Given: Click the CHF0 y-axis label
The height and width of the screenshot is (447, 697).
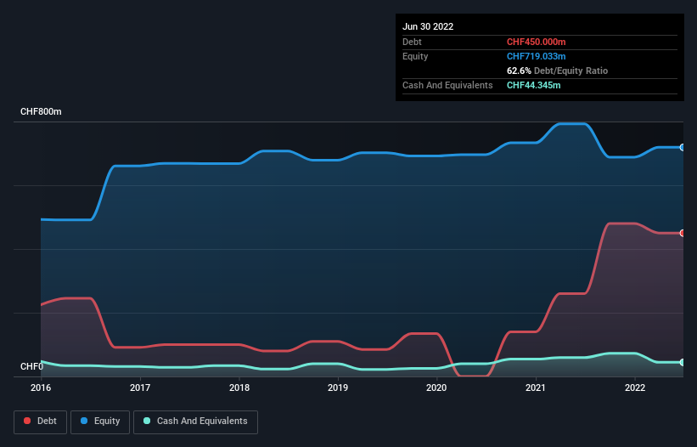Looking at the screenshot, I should [32, 367].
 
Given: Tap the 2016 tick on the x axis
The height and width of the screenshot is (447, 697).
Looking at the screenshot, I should [41, 388].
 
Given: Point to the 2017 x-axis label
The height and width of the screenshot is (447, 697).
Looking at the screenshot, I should [140, 388].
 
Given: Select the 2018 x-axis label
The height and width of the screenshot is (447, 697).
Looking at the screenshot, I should [239, 388].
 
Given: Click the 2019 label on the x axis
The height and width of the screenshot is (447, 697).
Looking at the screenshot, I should [338, 388].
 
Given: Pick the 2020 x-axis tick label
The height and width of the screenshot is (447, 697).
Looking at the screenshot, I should [436, 388].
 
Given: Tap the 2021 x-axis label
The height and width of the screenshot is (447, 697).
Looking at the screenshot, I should [536, 388].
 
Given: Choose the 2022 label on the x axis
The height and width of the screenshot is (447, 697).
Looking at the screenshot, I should [635, 388].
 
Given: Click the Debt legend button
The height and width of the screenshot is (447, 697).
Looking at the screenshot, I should [42, 422].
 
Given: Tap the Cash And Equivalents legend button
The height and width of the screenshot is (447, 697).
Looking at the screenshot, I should [195, 422].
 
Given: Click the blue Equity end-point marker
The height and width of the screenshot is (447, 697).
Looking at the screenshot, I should [682, 147].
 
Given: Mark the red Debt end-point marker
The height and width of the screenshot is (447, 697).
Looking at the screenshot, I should [682, 233].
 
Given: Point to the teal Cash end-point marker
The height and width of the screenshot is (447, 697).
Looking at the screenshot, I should [682, 362].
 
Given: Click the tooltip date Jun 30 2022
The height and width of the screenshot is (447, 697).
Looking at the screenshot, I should [428, 26].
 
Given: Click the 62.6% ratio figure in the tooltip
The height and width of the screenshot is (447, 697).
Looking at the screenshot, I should [519, 71].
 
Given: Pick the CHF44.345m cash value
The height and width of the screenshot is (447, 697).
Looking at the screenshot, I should [534, 85].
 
